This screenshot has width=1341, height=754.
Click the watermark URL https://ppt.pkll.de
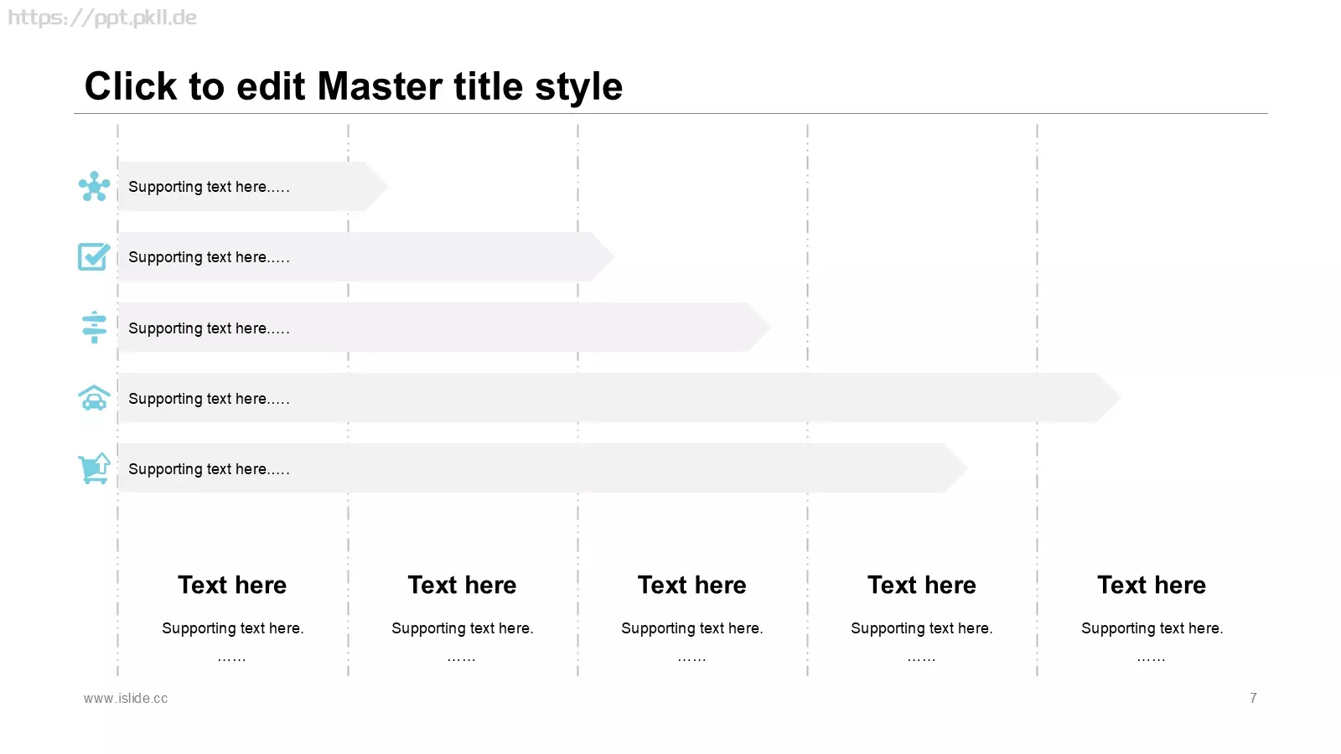[x=101, y=18]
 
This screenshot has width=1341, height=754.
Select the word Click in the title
[x=131, y=86]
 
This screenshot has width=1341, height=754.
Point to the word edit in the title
[x=271, y=86]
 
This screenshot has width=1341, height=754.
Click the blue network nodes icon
[x=94, y=186]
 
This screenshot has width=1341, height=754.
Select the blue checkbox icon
[x=94, y=256]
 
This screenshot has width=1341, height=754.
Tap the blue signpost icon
[x=94, y=328]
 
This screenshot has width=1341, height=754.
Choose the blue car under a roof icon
[x=94, y=398]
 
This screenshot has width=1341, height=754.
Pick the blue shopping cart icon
[x=94, y=468]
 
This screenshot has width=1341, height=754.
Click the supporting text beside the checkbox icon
[x=209, y=257]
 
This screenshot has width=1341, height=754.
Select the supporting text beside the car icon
[x=209, y=399]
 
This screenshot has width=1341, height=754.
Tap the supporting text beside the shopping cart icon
[x=209, y=469]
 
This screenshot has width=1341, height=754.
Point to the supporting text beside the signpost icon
[x=209, y=328]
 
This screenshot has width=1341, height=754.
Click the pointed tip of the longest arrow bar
[x=1121, y=397]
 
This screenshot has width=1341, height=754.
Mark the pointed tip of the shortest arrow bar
[x=388, y=186]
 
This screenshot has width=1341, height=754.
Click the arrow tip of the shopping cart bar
[x=967, y=468]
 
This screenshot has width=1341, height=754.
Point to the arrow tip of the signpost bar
[x=770, y=328]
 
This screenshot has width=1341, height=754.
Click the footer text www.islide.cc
[x=126, y=699]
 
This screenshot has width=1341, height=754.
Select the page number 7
[x=1253, y=699]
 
